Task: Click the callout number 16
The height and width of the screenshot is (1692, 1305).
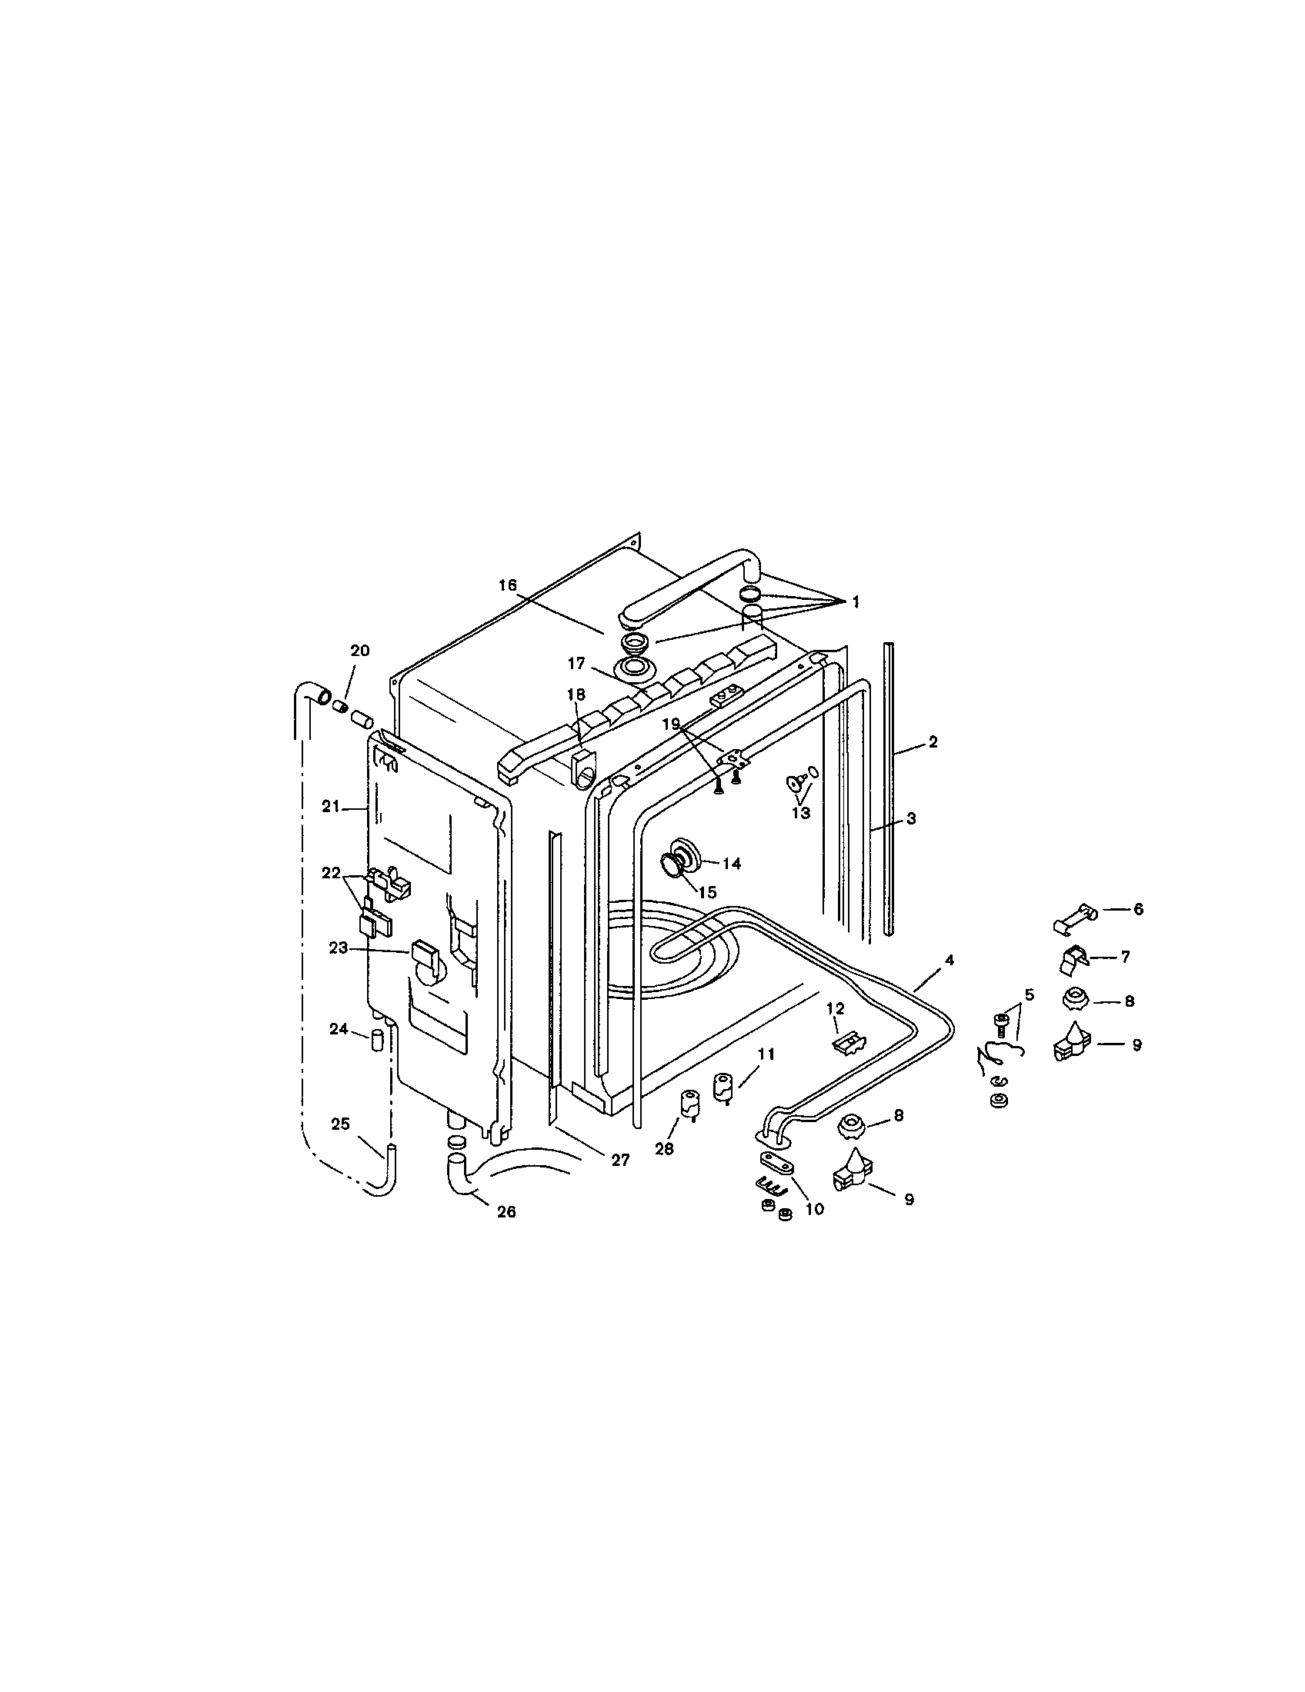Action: pos(507,585)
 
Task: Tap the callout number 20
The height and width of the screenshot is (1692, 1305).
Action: pos(359,651)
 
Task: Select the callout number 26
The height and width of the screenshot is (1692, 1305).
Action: pos(506,1211)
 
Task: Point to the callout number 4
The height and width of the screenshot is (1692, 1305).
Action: pos(950,960)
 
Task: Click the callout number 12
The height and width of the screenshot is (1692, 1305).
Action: pos(835,1008)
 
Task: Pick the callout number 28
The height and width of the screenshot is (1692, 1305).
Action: pos(665,1148)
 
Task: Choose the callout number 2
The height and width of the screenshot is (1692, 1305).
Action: pos(933,741)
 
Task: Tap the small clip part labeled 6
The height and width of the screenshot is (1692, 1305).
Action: pos(1073,917)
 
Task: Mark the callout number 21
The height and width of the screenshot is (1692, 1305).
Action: pos(331,806)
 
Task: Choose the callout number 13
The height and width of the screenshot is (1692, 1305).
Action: pos(800,813)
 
